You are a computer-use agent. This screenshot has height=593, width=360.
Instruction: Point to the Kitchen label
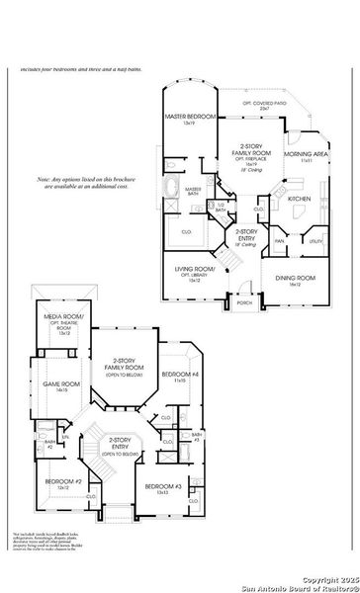tap(299, 198)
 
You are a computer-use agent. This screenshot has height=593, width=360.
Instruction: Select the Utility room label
tap(315, 240)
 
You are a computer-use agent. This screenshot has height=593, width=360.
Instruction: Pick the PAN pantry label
tap(280, 240)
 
